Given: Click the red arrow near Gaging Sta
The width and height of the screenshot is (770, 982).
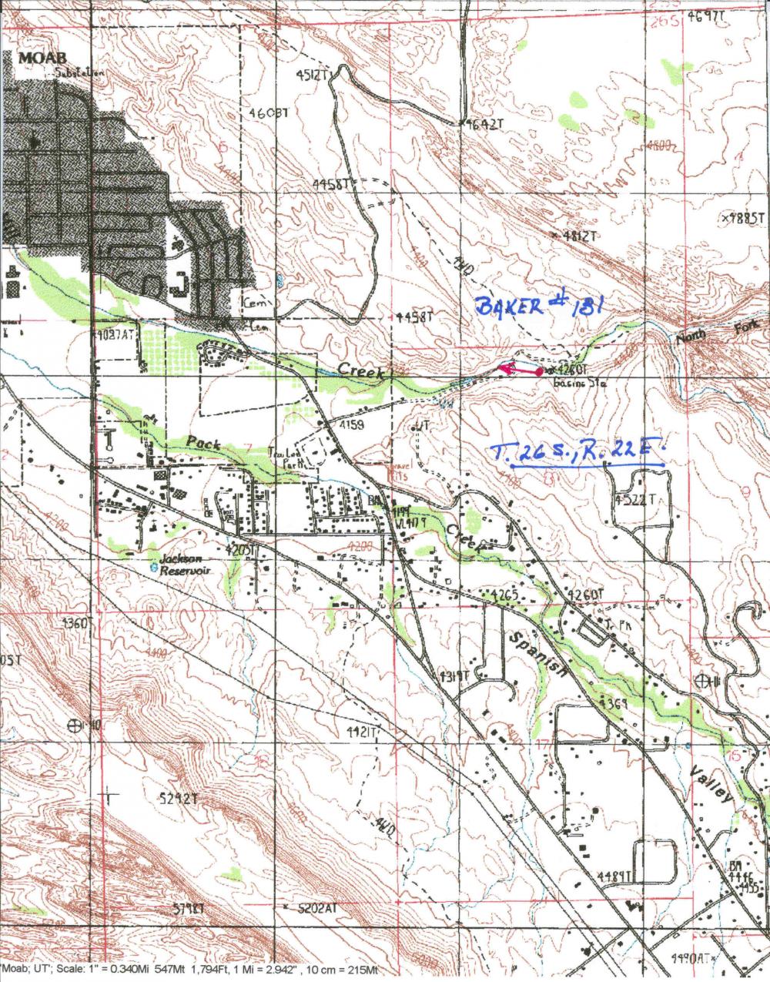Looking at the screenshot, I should (x=517, y=371).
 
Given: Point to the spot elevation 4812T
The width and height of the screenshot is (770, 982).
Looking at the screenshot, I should (x=577, y=236).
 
